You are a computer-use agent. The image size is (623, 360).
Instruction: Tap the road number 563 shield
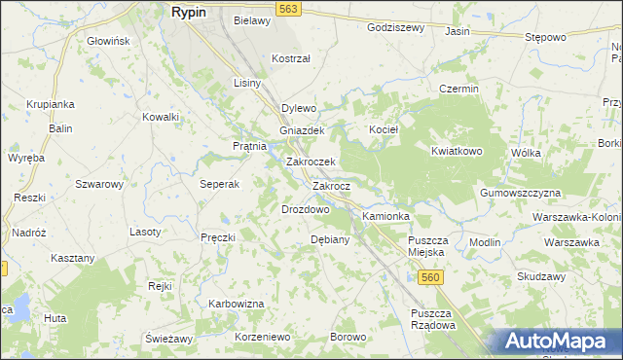(x=287, y=9)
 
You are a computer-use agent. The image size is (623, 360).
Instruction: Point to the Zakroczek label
(x=311, y=162)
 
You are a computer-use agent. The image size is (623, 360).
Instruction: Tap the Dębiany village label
(x=329, y=239)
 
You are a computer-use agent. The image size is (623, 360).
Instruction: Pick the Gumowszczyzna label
(x=521, y=194)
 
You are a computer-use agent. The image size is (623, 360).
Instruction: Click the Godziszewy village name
(x=395, y=27)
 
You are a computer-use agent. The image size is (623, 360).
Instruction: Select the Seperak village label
(x=219, y=184)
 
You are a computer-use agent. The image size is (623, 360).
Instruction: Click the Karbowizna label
(x=237, y=304)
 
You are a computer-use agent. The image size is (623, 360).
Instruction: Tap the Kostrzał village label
(x=290, y=58)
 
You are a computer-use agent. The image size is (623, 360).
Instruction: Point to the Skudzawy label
(x=542, y=276)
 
